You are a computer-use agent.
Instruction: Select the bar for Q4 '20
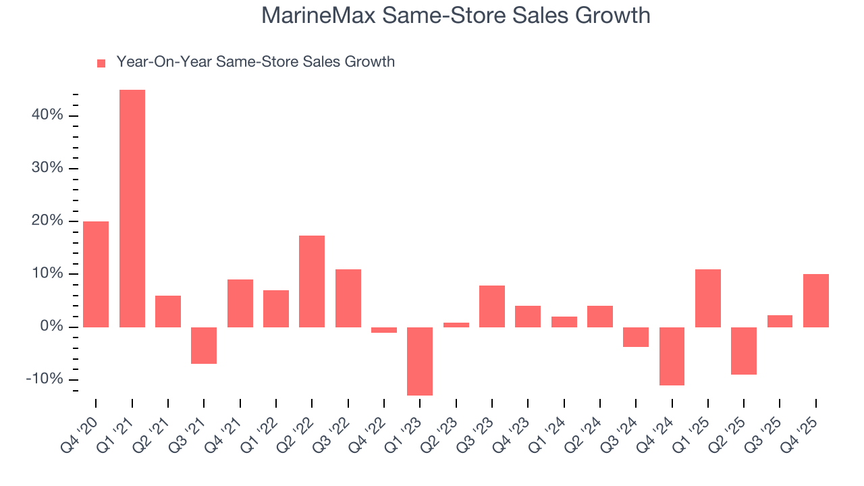click(96, 274)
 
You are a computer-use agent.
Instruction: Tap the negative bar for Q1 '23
click(420, 361)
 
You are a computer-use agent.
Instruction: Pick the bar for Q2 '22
click(312, 281)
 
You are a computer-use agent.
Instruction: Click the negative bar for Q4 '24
click(672, 356)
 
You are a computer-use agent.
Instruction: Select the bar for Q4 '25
click(815, 300)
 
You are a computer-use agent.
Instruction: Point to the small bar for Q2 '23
click(456, 325)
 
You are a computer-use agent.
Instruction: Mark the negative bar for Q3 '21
click(204, 346)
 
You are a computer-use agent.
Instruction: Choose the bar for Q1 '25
click(707, 298)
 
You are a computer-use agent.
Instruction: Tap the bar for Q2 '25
click(744, 351)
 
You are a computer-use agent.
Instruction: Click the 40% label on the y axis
click(47, 115)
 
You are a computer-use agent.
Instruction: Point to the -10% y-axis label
click(45, 379)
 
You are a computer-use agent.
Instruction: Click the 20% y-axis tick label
click(47, 221)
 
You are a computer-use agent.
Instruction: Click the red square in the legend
click(101, 63)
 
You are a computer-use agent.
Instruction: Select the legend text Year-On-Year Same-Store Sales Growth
click(255, 62)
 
